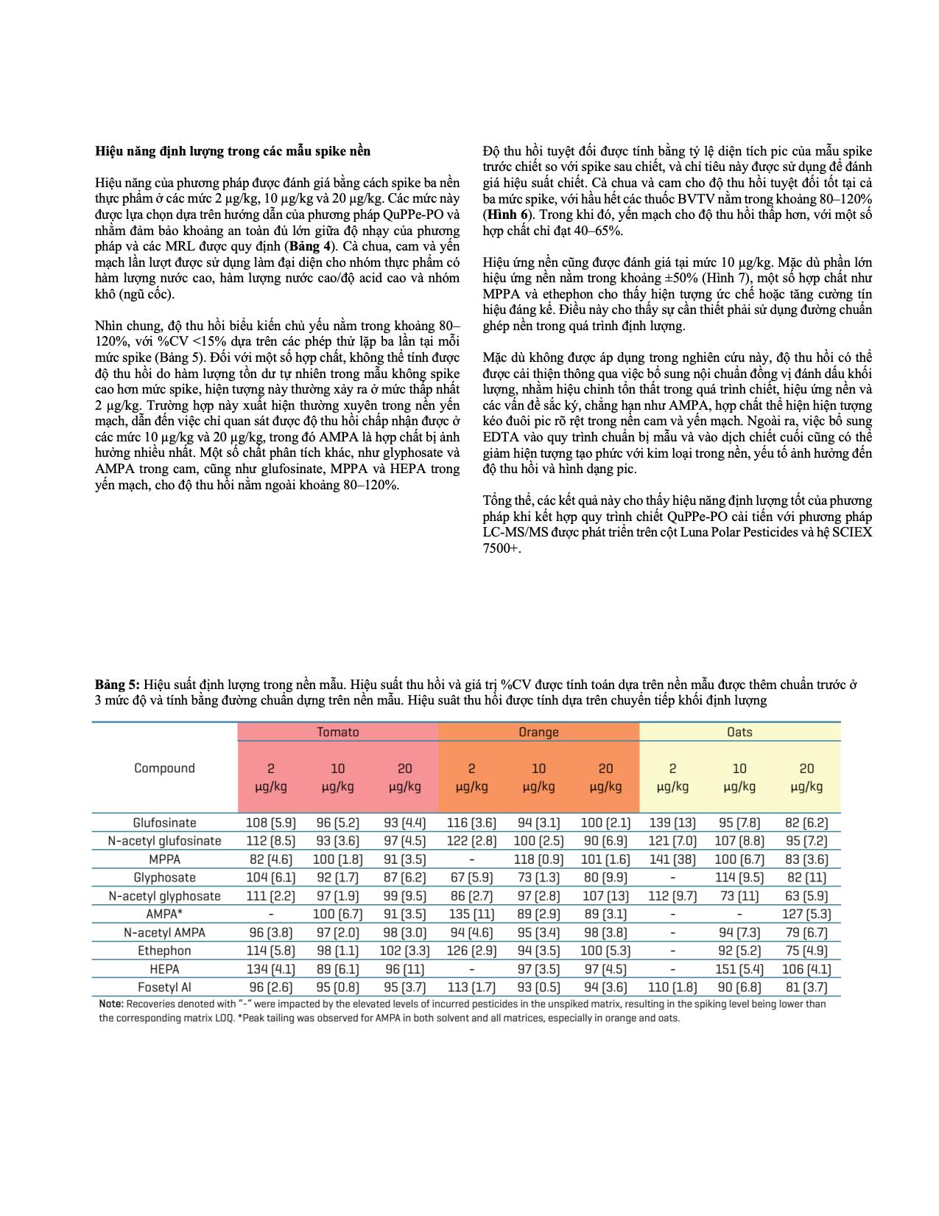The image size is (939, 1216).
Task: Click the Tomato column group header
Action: [338, 732]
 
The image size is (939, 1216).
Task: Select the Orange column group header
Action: [538, 732]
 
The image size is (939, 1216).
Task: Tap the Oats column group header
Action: [739, 732]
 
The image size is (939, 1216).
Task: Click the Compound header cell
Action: [164, 768]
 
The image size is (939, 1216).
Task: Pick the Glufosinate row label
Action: [164, 822]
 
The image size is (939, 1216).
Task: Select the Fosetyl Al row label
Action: [164, 987]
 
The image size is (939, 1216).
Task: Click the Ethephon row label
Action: [164, 951]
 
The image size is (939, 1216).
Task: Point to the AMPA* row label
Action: [164, 914]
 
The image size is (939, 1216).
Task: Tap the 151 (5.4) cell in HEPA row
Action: [739, 969]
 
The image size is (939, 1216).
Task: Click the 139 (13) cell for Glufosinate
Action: [672, 822]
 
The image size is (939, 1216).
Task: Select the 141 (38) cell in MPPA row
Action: [672, 859]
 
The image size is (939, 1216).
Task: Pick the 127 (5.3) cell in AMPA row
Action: [806, 914]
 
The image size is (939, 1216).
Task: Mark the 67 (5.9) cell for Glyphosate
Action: [471, 878]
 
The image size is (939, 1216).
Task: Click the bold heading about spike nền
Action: [233, 151]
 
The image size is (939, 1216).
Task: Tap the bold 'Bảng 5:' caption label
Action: [117, 685]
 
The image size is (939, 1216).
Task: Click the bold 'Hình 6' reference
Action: [507, 214]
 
